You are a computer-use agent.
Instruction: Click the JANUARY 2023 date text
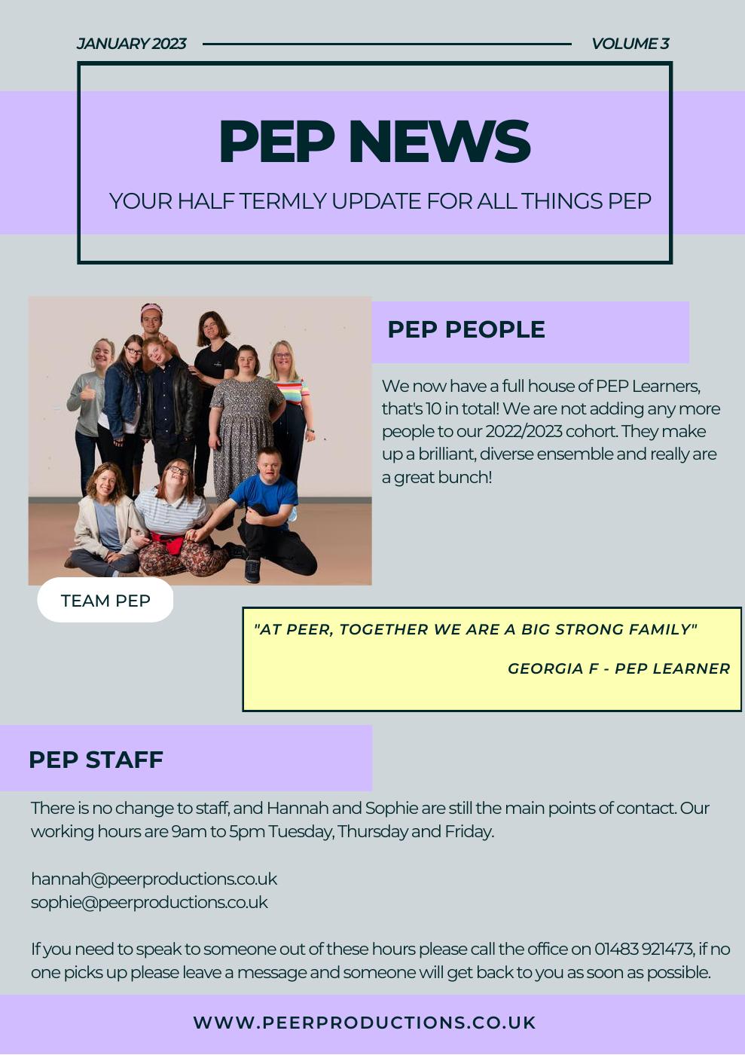click(131, 44)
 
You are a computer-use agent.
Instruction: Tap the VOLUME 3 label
click(630, 44)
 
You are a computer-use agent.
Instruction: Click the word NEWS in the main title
click(440, 142)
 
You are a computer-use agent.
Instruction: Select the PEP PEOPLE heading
click(466, 329)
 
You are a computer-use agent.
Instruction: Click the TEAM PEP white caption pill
click(105, 601)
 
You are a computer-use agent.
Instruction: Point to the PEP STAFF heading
click(96, 760)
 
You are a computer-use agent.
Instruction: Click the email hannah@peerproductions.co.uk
click(154, 879)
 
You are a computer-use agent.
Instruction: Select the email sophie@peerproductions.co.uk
click(149, 903)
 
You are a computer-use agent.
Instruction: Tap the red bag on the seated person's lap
click(168, 543)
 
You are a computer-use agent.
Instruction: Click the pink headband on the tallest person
click(151, 308)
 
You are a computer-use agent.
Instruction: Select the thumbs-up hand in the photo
click(87, 391)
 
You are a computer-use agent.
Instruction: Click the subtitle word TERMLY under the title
click(283, 201)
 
